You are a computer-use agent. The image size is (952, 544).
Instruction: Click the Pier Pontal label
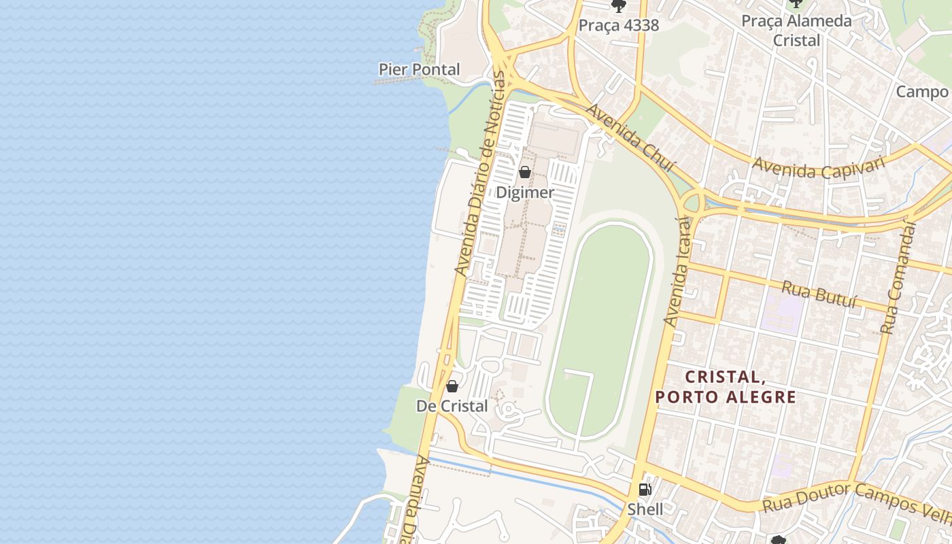click(x=419, y=69)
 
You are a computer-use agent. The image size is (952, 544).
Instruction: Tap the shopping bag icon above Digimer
click(x=524, y=172)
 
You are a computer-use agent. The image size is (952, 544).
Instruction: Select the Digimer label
click(x=524, y=192)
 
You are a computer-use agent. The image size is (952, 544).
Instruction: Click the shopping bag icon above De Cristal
click(x=452, y=386)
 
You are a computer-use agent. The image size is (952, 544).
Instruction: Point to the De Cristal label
click(x=452, y=406)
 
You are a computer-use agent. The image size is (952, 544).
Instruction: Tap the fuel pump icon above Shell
click(x=645, y=489)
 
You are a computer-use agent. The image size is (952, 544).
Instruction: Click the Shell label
click(x=645, y=509)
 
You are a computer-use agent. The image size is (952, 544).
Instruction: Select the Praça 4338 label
click(x=619, y=25)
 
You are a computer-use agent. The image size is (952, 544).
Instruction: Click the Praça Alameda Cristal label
click(x=796, y=31)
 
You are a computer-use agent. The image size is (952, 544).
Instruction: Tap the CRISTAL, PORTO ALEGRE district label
click(x=726, y=386)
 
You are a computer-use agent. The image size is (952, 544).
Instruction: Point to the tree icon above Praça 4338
click(x=618, y=6)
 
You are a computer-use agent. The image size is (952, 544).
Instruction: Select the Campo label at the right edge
click(x=922, y=92)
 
